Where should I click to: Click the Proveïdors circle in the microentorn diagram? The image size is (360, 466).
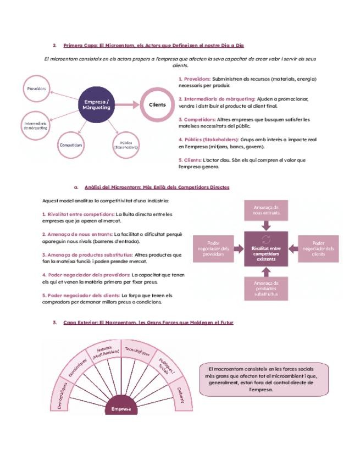click(36, 88)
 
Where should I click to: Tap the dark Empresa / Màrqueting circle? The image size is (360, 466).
click(97, 105)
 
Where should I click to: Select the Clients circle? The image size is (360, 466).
click(157, 104)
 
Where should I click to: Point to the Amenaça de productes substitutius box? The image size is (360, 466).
click(266, 288)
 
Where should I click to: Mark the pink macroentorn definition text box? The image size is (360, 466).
click(264, 379)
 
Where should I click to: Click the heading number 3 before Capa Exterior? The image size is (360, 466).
click(55, 323)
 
